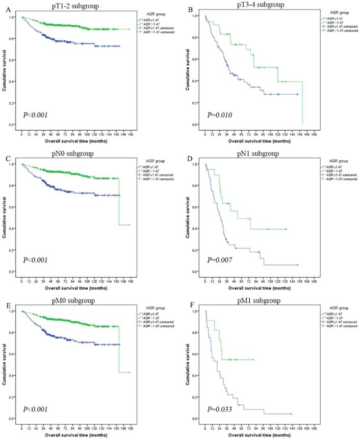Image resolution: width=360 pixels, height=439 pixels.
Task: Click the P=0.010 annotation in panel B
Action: tap(219, 115)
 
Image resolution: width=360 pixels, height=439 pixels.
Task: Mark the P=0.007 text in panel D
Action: tap(219, 261)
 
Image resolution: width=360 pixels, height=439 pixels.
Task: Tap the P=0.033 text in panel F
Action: tap(219, 409)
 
